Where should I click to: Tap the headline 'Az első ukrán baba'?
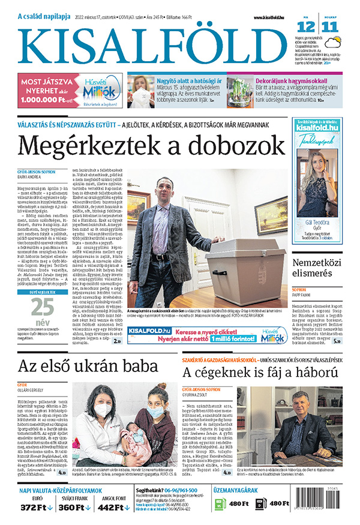[x=88, y=366]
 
